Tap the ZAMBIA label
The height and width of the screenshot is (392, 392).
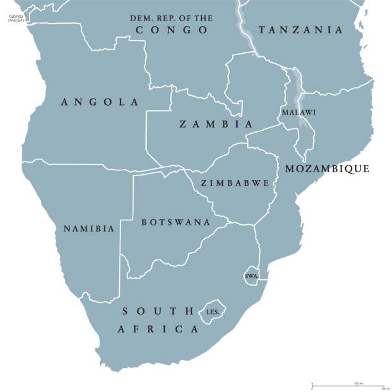(216, 124)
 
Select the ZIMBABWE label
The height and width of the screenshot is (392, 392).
(234, 183)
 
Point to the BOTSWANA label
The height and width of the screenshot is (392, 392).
(175, 222)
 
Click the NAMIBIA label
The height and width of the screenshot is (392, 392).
(88, 229)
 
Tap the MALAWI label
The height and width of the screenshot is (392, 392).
(298, 112)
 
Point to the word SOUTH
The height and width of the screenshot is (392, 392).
(158, 311)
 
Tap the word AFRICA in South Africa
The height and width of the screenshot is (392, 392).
(158, 329)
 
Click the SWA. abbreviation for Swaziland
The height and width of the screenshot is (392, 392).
(251, 277)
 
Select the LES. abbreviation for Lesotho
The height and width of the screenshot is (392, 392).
(213, 312)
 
